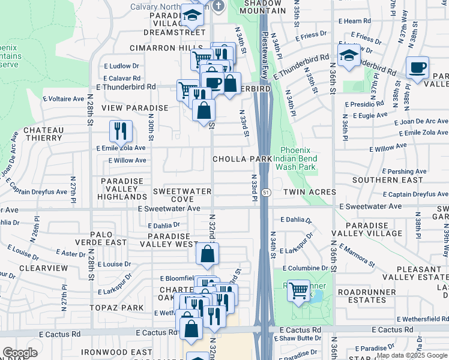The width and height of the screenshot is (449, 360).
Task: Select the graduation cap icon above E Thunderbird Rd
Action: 348,56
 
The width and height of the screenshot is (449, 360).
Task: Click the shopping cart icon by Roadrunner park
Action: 298,290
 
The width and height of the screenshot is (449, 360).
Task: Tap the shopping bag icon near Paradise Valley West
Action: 207,254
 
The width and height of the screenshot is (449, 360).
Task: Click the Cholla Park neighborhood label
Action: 242,159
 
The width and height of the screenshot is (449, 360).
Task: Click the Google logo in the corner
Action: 20,353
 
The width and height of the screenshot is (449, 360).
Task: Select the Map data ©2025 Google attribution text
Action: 411,355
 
